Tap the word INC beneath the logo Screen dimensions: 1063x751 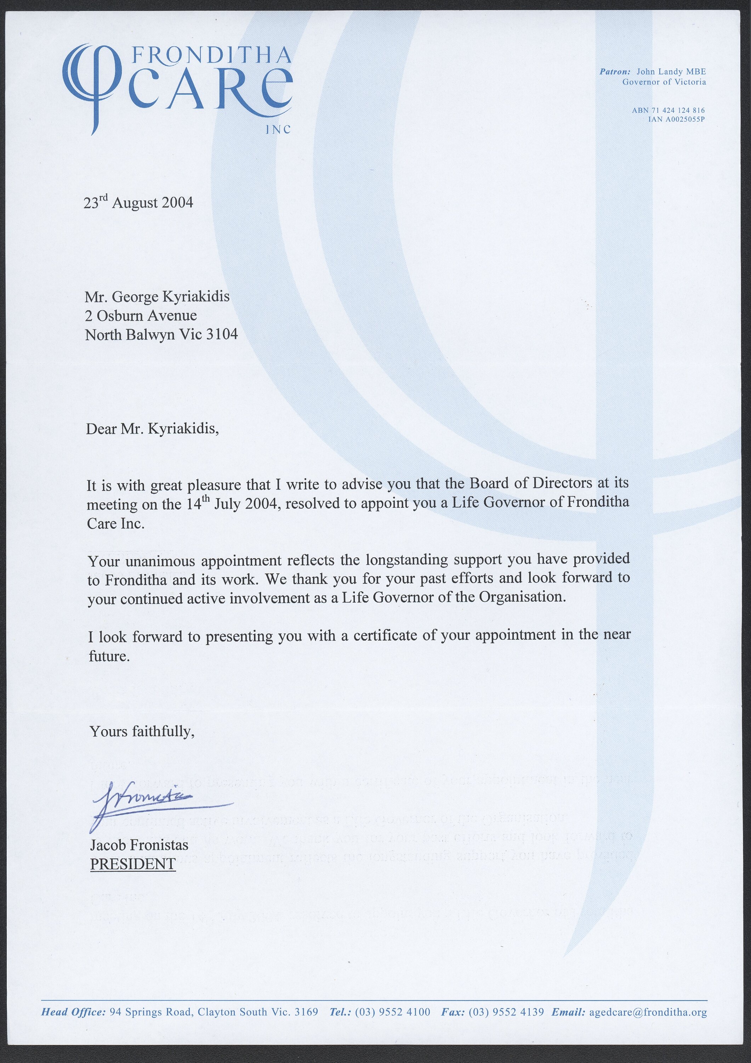click(278, 130)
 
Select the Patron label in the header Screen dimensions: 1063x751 click(614, 72)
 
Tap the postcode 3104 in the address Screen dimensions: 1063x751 click(222, 334)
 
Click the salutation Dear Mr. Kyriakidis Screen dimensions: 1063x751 click(152, 429)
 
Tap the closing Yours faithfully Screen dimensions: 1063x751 click(142, 731)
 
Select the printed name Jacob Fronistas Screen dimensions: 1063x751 click(139, 845)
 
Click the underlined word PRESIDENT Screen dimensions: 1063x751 click(133, 864)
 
